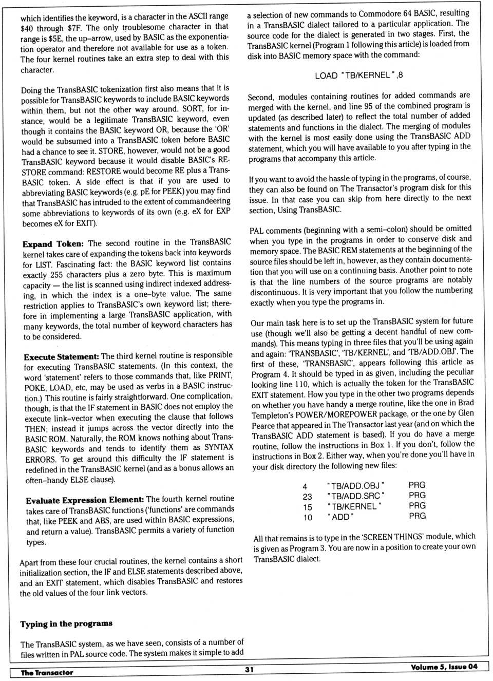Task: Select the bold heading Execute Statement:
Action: pos(61,356)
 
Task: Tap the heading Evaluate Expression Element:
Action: pos(85,500)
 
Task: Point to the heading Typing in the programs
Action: pos(66,623)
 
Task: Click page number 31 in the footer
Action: pos(249,669)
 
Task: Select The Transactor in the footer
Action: pos(47,672)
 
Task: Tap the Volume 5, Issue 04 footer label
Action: pos(444,667)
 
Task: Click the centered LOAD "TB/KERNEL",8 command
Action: pos(358,75)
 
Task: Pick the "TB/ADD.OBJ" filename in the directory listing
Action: pos(355,486)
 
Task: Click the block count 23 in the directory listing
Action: pos(307,497)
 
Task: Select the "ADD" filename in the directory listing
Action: pos(340,517)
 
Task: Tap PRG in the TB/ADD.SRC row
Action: pos(417,495)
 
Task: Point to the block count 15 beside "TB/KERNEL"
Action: pos(307,507)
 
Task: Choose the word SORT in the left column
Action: pos(192,108)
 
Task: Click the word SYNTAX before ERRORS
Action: pos(219,447)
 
